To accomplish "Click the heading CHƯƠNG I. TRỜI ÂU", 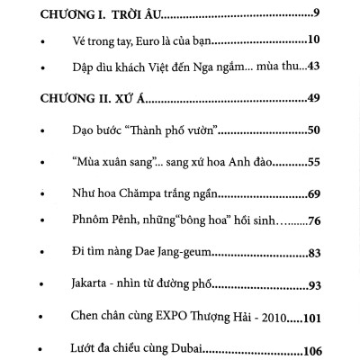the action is click(x=94, y=14).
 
